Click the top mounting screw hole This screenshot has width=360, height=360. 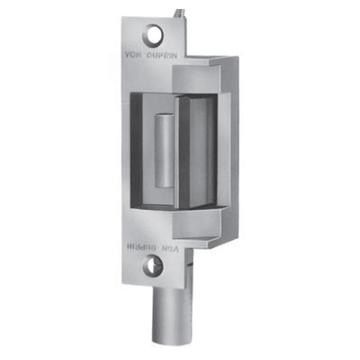[x=154, y=35]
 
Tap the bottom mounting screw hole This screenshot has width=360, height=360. [x=158, y=265]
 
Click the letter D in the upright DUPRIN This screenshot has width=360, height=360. [x=151, y=54]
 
